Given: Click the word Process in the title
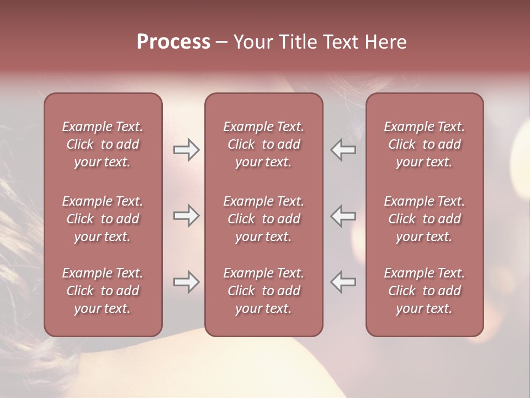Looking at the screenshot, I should pyautogui.click(x=173, y=42).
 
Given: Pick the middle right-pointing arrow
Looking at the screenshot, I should pyautogui.click(x=186, y=216).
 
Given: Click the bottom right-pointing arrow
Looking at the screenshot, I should pyautogui.click(x=186, y=282).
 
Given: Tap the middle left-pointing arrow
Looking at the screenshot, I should pyautogui.click(x=343, y=216).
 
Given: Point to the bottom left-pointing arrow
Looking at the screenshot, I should pyautogui.click(x=343, y=282).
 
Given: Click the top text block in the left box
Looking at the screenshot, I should pyautogui.click(x=103, y=144).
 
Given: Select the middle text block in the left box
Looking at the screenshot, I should pyautogui.click(x=103, y=219).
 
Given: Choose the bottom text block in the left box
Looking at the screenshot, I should pyautogui.click(x=103, y=291).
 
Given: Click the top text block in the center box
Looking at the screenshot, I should pyautogui.click(x=264, y=144).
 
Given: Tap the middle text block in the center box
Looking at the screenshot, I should pyautogui.click(x=264, y=219).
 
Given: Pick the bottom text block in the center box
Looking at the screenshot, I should pyautogui.click(x=264, y=291).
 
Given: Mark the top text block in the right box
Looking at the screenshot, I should pyautogui.click(x=425, y=144).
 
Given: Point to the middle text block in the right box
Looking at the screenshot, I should pyautogui.click(x=425, y=219).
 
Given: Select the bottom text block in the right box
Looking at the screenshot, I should pyautogui.click(x=425, y=291).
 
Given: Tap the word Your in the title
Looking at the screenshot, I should pyautogui.click(x=252, y=42).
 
